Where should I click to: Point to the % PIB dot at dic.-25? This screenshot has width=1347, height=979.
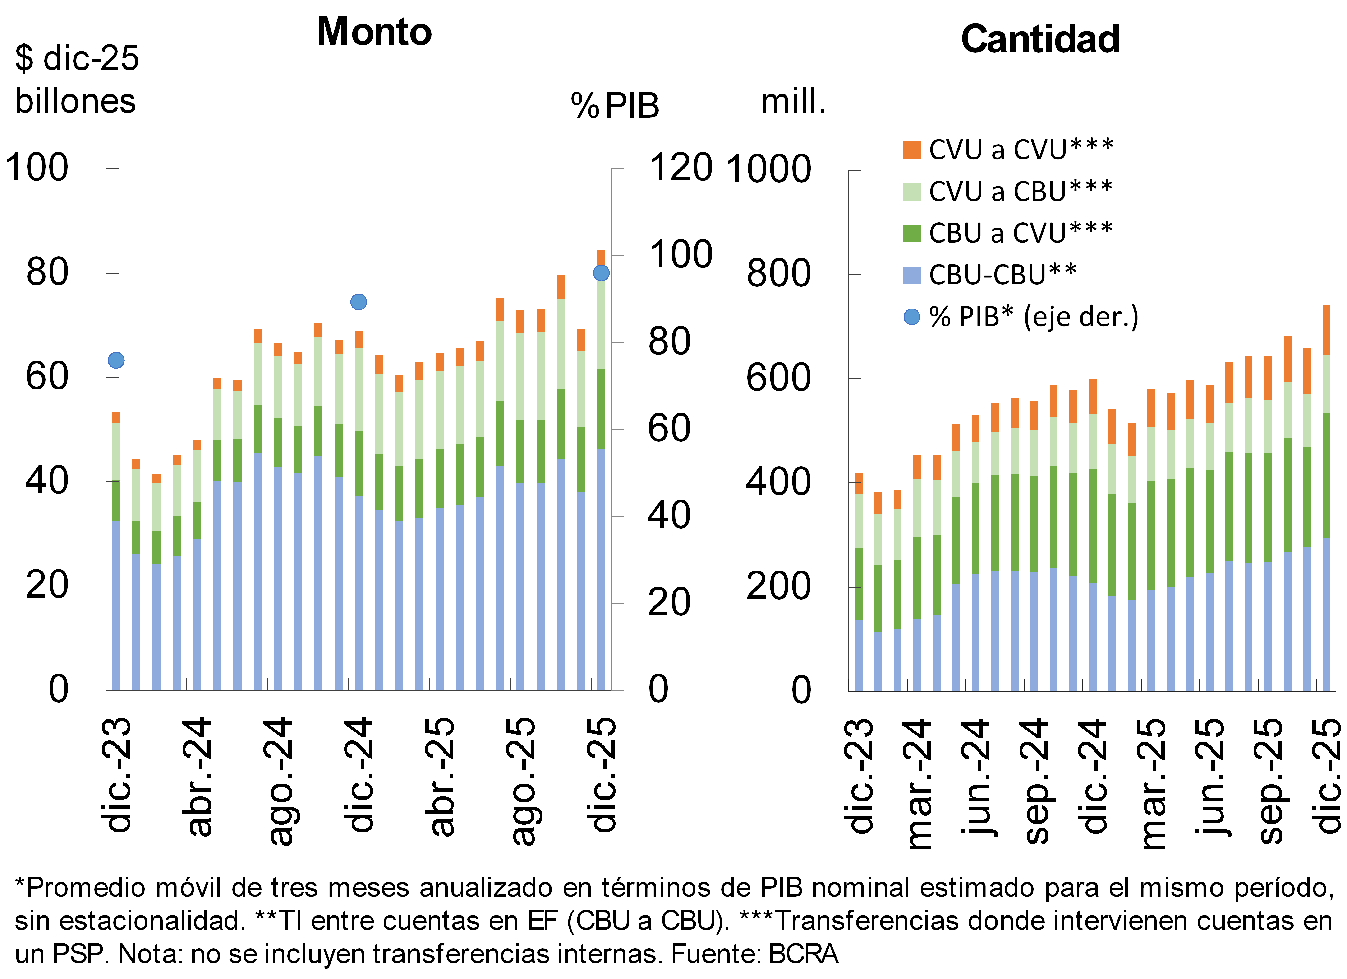click(601, 273)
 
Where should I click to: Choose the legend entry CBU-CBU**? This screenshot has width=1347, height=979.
click(1002, 275)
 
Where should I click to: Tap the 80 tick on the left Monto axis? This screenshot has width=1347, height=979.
click(47, 273)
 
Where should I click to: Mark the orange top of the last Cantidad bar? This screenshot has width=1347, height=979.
click(1326, 330)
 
